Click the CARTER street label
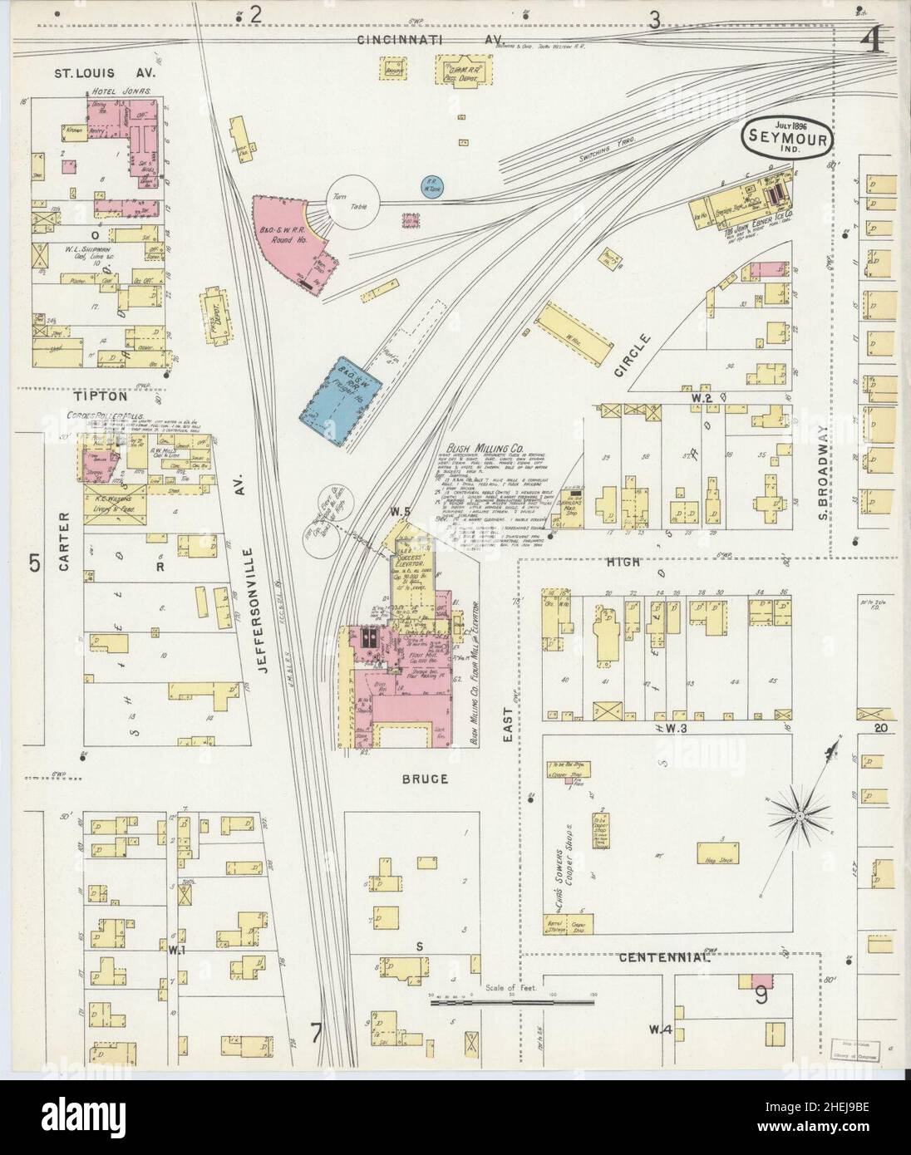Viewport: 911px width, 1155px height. (64, 543)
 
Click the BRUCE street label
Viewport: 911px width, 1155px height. (428, 779)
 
